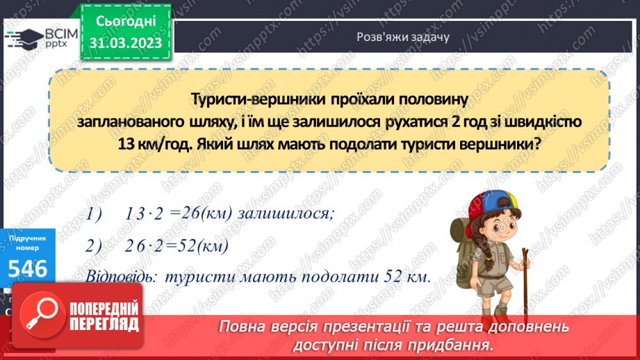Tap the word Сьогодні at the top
point(126,22)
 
